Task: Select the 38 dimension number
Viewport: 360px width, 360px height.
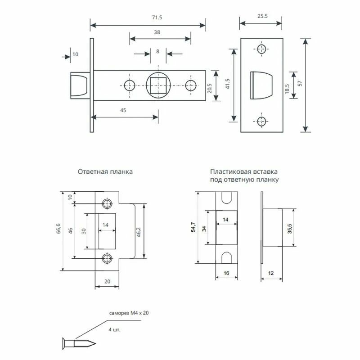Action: click(157, 32)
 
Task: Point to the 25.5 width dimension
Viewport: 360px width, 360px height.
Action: click(261, 16)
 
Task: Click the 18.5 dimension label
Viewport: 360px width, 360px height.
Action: click(287, 85)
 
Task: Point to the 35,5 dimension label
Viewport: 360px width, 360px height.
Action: click(290, 228)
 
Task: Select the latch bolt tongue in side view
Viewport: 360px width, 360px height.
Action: click(79, 85)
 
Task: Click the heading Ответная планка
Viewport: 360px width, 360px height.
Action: click(105, 171)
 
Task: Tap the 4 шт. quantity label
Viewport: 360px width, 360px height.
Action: click(115, 329)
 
